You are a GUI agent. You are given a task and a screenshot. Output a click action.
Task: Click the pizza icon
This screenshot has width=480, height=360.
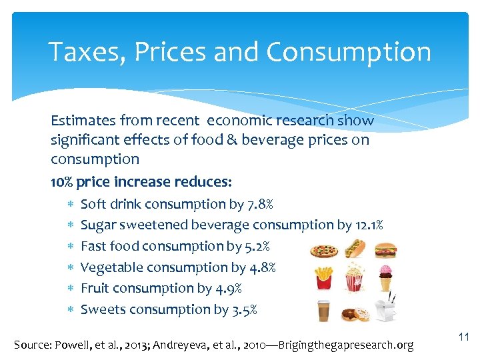click(324, 251)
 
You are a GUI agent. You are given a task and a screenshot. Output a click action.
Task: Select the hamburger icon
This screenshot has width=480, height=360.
click(385, 251)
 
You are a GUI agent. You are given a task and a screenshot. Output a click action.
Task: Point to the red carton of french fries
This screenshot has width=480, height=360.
click(324, 277)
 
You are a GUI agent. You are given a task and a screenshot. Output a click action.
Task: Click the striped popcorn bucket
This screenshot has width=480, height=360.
click(355, 277)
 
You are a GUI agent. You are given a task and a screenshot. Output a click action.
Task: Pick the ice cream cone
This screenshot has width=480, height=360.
click(385, 278)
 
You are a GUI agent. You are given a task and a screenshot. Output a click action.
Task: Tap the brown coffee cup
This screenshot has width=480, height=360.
click(324, 310)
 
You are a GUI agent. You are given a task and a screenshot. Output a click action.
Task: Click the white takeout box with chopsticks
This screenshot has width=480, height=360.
click(385, 309)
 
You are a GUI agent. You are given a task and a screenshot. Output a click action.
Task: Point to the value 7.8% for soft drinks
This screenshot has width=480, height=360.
click(260, 204)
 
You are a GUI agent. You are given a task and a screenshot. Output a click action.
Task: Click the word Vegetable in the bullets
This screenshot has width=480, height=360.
click(108, 267)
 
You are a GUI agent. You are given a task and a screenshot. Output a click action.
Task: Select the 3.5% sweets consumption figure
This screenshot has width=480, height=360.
click(244, 309)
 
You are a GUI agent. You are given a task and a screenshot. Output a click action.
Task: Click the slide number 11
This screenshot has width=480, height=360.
click(464, 338)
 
